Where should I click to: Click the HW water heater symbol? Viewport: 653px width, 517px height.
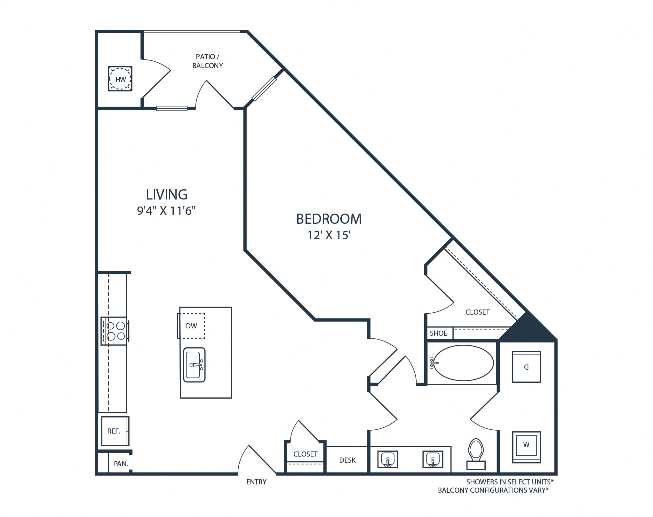click(x=120, y=79)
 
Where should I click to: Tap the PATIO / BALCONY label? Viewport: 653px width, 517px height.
click(x=208, y=61)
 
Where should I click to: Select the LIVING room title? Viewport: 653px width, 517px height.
click(x=167, y=194)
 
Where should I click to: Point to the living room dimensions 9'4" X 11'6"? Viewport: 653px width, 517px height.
click(x=166, y=211)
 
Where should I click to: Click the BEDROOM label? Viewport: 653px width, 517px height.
click(x=329, y=219)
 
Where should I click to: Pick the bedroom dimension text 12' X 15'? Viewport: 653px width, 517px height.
click(x=329, y=235)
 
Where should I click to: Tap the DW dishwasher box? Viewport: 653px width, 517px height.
click(x=191, y=326)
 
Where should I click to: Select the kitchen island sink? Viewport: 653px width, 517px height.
click(x=194, y=365)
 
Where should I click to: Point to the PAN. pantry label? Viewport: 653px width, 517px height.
click(x=121, y=464)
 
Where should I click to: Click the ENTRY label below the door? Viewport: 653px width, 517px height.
click(x=256, y=482)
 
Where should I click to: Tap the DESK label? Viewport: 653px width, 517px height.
click(x=347, y=460)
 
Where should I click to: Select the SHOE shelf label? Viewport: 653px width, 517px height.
click(x=438, y=333)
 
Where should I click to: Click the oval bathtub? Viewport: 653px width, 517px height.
click(x=463, y=363)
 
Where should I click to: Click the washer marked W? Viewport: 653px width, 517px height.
click(x=526, y=447)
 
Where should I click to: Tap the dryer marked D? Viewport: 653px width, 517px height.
click(x=526, y=367)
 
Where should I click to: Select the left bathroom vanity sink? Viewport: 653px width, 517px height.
click(x=388, y=459)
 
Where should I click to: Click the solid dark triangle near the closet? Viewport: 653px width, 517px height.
click(x=528, y=329)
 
